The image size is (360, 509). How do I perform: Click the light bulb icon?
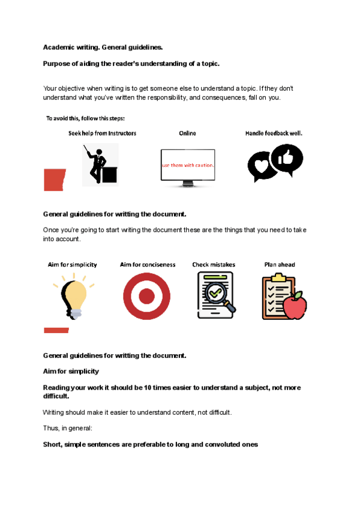(73, 296)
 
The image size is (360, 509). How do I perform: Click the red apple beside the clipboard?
(295, 306)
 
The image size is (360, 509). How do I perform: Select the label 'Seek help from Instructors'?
(102, 133)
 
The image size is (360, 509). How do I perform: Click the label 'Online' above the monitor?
(187, 133)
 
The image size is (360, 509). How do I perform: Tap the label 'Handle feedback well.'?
(274, 133)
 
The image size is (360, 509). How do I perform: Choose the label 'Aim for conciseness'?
(148, 265)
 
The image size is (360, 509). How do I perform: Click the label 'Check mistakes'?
(214, 265)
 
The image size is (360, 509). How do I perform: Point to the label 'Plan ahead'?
(280, 265)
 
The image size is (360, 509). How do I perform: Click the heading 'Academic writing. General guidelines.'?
(103, 47)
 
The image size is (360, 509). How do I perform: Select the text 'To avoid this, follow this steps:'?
(85, 118)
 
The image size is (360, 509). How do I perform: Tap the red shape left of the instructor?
(54, 179)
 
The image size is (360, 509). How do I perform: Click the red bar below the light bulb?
(56, 330)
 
